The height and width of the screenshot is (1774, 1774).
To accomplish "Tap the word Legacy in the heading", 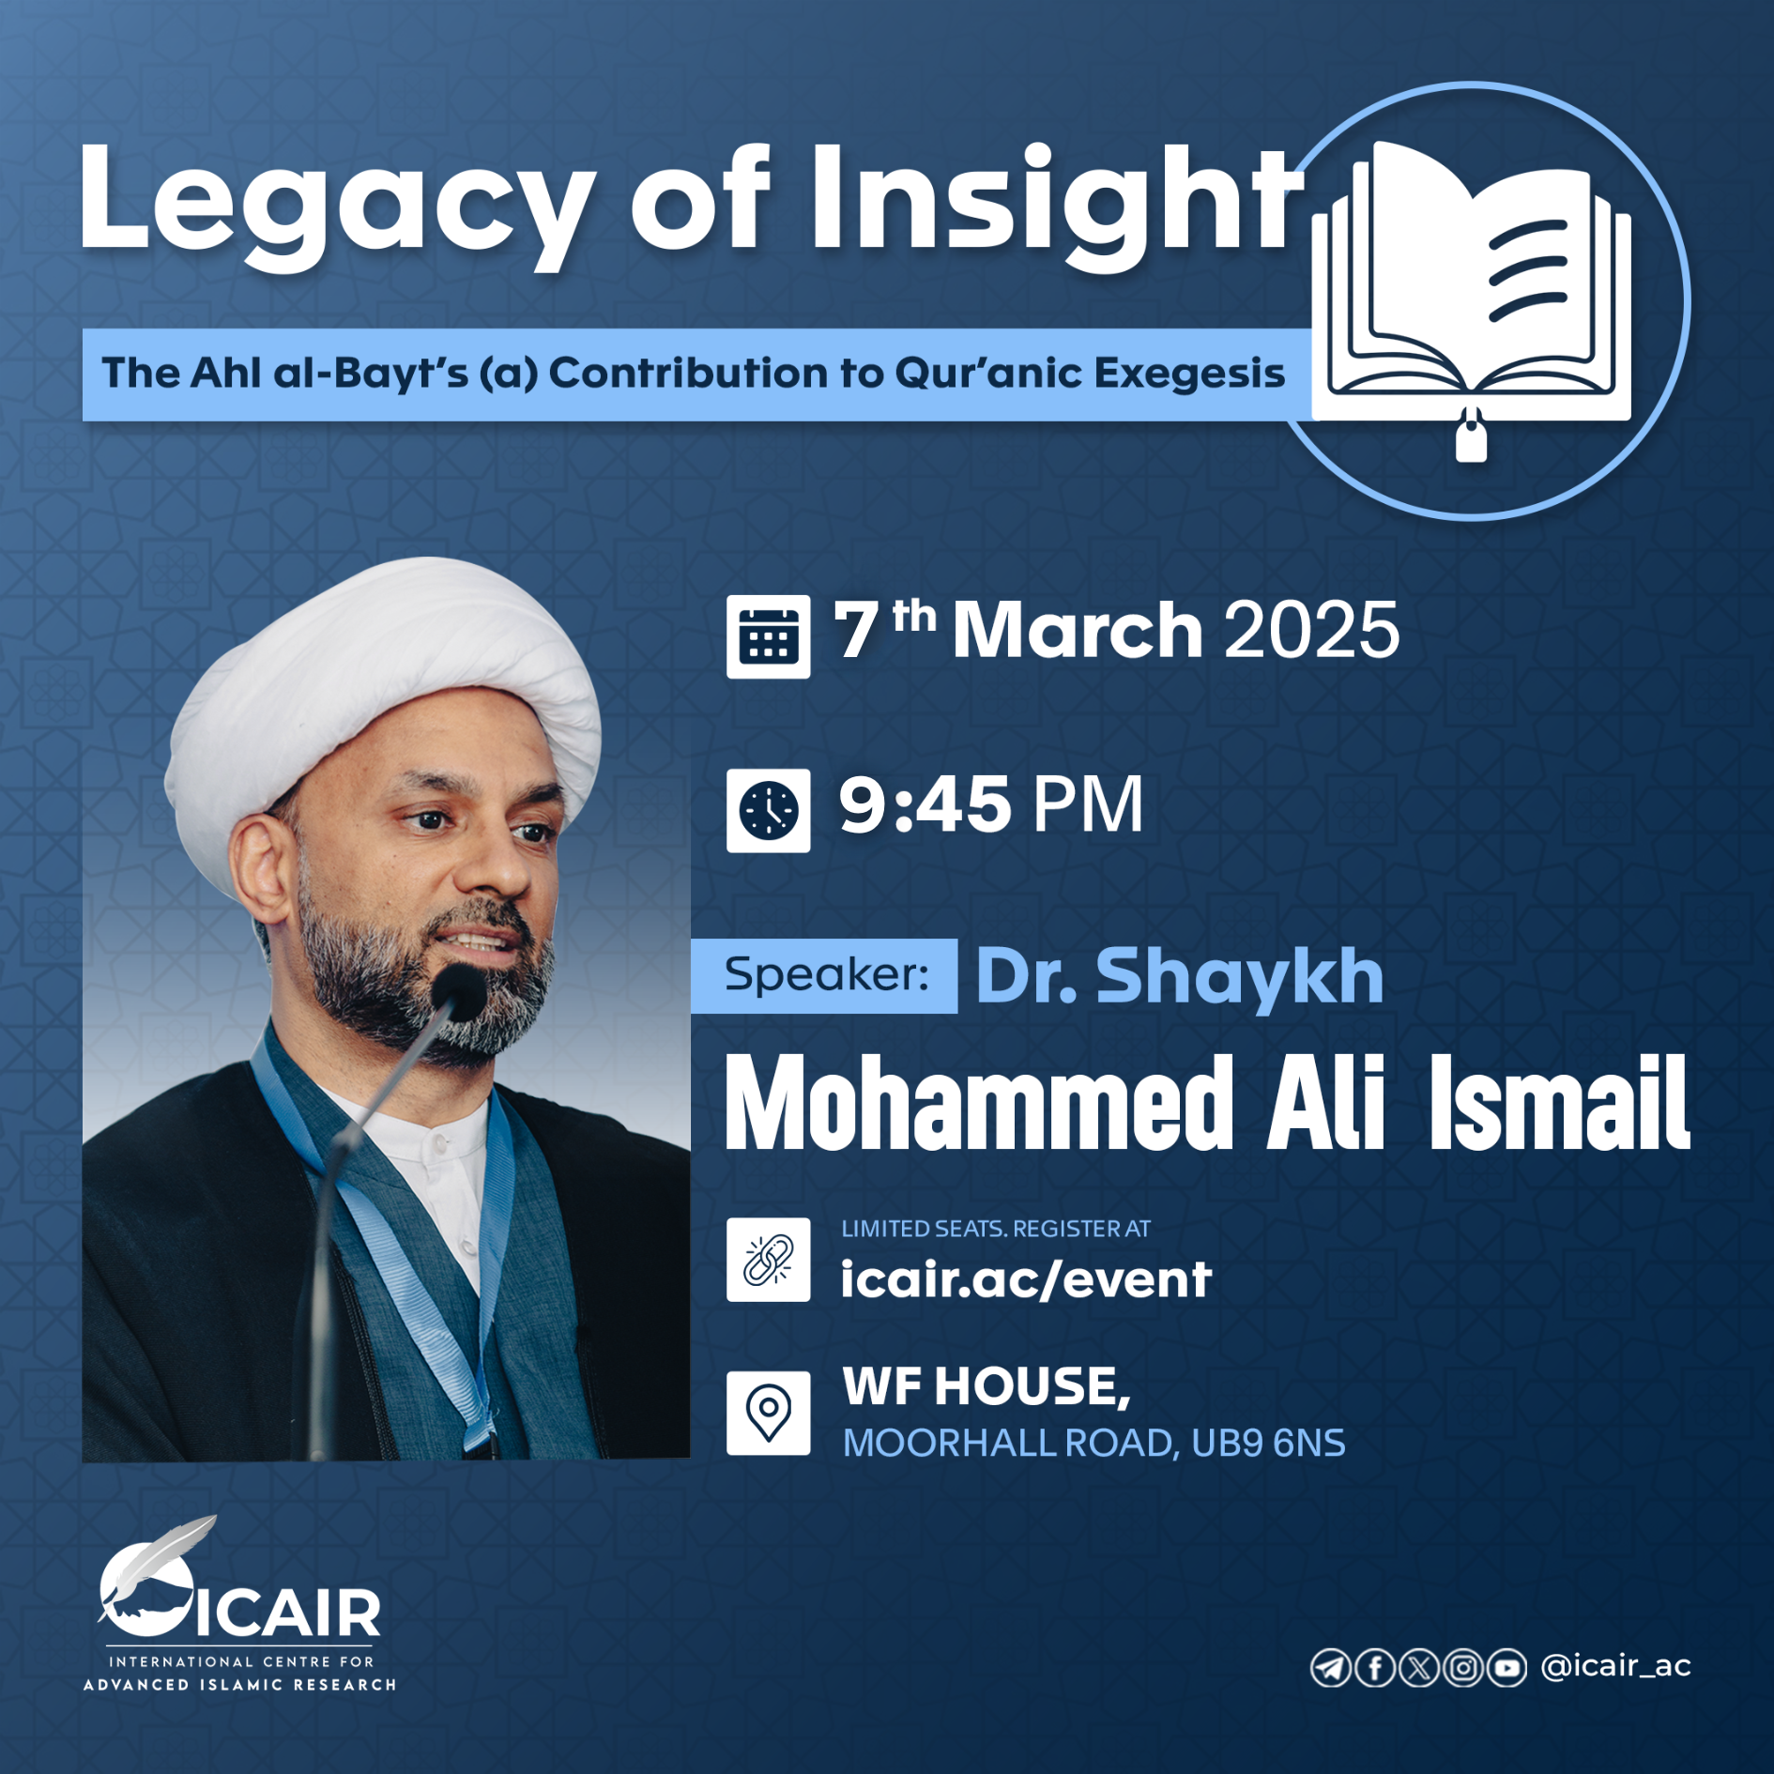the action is [337, 206].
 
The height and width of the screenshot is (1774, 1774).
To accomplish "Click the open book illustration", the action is [1471, 282].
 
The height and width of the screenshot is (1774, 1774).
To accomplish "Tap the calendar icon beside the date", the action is [768, 636].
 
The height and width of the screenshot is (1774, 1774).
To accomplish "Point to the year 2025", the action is [1311, 630].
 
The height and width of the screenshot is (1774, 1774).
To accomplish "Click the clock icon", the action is [768, 810].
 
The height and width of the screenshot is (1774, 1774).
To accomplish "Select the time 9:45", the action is [925, 805].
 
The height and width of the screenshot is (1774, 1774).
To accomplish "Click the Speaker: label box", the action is [824, 975].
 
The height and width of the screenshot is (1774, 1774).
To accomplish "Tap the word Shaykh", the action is [1239, 976].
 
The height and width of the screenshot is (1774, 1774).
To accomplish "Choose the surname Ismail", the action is [1559, 1102].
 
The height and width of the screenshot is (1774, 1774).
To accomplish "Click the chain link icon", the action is [768, 1260].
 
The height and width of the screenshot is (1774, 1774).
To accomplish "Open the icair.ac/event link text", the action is [1026, 1278].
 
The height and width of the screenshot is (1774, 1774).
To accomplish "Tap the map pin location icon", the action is [768, 1413].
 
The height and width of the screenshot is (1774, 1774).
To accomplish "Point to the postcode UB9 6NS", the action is [1268, 1443].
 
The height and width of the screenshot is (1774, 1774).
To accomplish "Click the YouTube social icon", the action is [1506, 1668].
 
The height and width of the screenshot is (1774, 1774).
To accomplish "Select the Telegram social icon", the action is [1330, 1668].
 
